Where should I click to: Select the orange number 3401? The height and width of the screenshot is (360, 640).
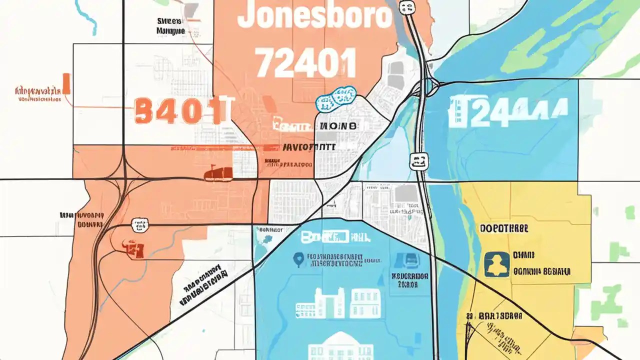[x=177, y=111]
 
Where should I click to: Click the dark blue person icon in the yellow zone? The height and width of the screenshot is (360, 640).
[x=497, y=264]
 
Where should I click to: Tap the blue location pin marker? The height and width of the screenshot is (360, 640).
[x=298, y=259]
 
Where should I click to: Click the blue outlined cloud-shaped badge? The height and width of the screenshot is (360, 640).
[x=336, y=98]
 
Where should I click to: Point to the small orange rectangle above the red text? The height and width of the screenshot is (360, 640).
[x=66, y=83]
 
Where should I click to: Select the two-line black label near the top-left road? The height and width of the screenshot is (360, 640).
[x=171, y=25]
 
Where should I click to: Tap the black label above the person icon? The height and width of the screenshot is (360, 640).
[x=504, y=228]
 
